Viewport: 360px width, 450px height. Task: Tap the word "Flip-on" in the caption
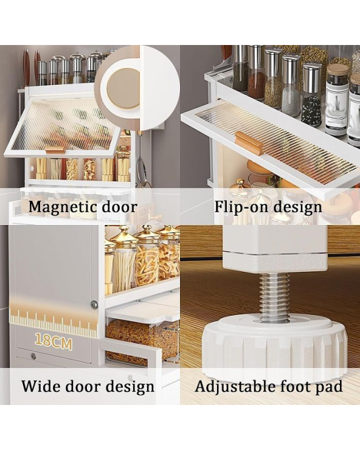(x=241, y=207)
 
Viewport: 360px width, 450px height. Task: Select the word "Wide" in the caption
(x=40, y=386)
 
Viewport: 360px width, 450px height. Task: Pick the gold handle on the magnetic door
(x=55, y=150)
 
